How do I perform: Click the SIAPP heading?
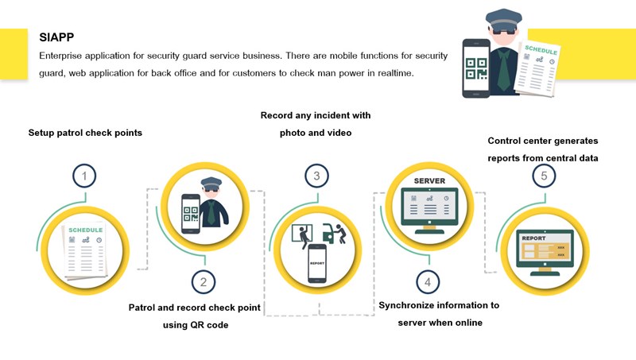[57, 37]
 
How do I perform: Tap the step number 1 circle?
[84, 176]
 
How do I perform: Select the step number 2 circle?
[204, 281]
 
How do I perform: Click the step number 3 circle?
[316, 176]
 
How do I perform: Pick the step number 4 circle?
[428, 281]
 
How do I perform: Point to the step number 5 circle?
[544, 176]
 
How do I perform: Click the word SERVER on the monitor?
[429, 181]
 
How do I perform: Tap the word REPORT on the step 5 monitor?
[533, 238]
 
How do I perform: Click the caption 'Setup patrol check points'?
[85, 133]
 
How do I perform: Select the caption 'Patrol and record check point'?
[195, 308]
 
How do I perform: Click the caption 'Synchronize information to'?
[439, 305]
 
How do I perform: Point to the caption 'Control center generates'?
[543, 141]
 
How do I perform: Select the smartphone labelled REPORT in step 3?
[317, 262]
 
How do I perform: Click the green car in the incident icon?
[329, 231]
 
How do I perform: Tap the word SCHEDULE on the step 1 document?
[85, 230]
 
